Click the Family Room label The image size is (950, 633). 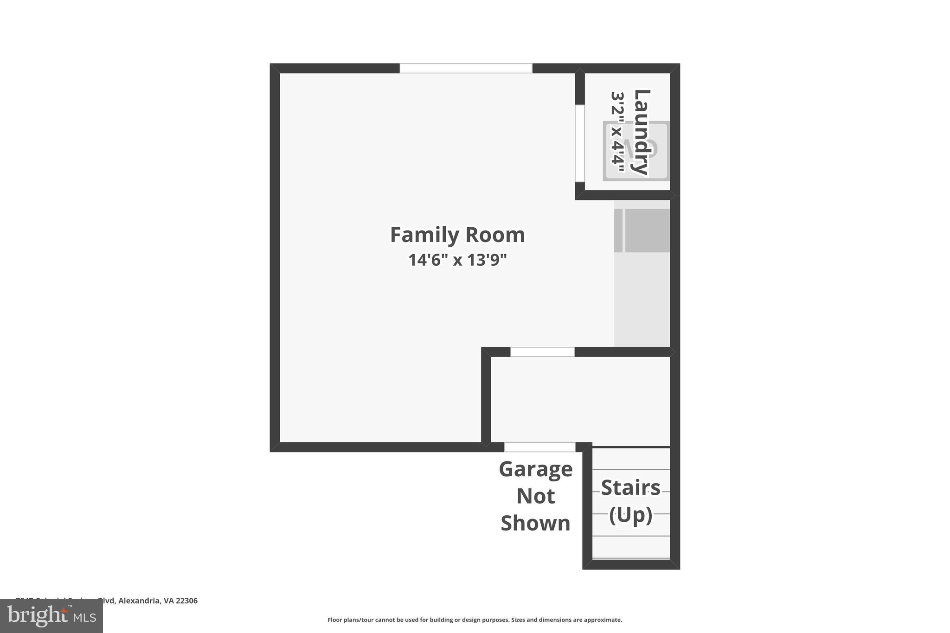457,235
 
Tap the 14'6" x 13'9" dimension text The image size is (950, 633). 457,260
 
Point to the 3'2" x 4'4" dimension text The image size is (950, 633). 617,132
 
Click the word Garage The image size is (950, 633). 535,469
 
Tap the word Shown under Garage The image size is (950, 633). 535,523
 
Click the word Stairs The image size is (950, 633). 630,488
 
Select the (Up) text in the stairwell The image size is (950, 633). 630,515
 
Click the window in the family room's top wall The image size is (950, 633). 466,68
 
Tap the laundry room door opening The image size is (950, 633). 580,143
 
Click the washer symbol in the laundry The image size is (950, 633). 636,151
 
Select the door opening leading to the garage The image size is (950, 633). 539,447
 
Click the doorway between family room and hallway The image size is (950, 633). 542,352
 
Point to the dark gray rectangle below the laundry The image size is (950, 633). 647,230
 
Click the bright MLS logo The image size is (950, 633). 51,616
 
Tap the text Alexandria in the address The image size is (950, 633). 139,601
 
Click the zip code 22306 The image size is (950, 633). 186,601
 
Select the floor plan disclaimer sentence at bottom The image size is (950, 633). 475,620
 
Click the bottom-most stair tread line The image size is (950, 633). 631,558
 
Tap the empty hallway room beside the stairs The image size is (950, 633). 580,399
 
